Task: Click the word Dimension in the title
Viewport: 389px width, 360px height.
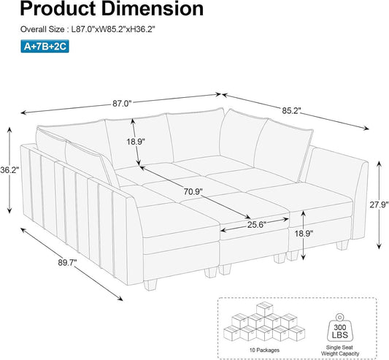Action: pyautogui.click(x=153, y=9)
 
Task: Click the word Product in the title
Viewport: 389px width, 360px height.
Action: pyautogui.click(x=58, y=9)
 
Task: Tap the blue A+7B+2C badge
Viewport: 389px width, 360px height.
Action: pyautogui.click(x=45, y=46)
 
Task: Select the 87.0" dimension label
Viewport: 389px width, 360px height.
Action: pyautogui.click(x=122, y=103)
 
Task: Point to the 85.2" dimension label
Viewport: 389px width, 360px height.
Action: pyautogui.click(x=291, y=110)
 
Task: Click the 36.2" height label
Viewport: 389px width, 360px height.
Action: pyautogui.click(x=9, y=170)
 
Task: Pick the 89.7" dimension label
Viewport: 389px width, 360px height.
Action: pyautogui.click(x=67, y=262)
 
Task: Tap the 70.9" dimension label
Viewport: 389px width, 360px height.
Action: pyautogui.click(x=193, y=191)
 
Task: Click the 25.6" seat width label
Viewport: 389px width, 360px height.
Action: pyautogui.click(x=257, y=225)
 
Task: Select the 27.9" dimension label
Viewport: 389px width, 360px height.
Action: pyautogui.click(x=379, y=204)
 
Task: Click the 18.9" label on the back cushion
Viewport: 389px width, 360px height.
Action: pyautogui.click(x=136, y=142)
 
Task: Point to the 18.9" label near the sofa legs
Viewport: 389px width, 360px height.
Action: pyautogui.click(x=304, y=234)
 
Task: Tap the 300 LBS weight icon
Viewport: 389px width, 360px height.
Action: pyautogui.click(x=340, y=328)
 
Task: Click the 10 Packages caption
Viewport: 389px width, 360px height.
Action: pyautogui.click(x=264, y=350)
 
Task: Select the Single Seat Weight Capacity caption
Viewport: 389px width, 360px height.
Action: pyautogui.click(x=340, y=351)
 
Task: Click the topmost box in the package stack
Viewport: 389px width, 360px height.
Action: pyautogui.click(x=265, y=309)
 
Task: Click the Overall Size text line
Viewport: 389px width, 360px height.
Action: pyautogui.click(x=88, y=29)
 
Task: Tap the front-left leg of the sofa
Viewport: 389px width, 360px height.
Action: pyautogui.click(x=150, y=286)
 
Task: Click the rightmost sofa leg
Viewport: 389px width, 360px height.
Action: pyautogui.click(x=342, y=245)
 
